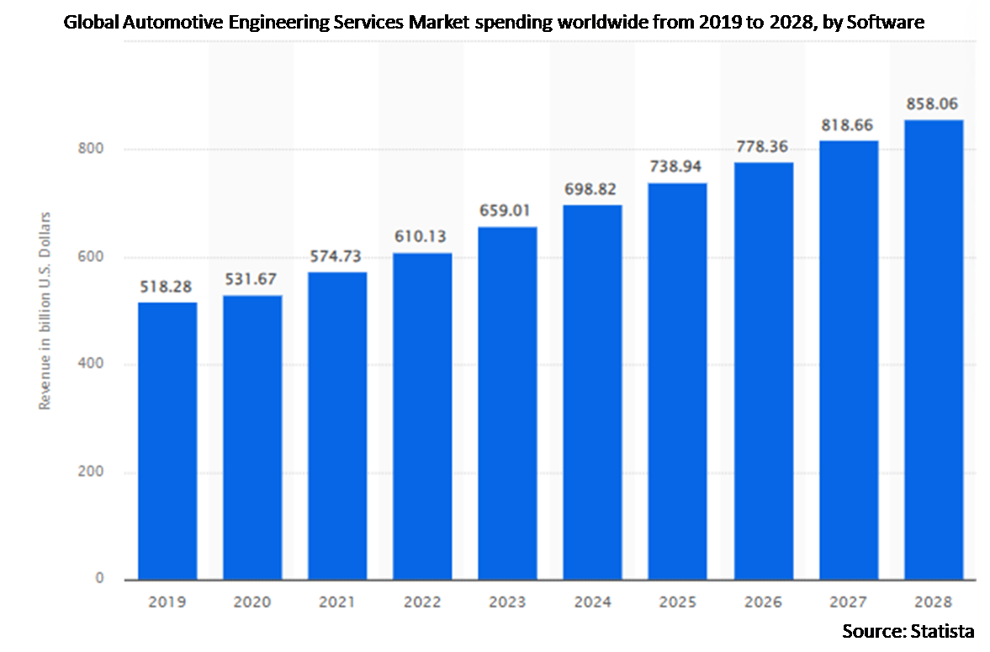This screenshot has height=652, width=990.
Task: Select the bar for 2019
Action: pos(167,440)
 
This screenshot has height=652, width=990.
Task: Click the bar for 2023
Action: pos(507,402)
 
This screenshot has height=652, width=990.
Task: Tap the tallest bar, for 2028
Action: pos(933,349)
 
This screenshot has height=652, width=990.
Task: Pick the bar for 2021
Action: pos(337,425)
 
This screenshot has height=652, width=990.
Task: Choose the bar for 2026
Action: pos(763,371)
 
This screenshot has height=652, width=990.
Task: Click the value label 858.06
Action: pos(933,105)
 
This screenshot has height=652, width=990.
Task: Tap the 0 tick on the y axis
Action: pos(99,579)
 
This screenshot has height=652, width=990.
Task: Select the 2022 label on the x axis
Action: pos(422,602)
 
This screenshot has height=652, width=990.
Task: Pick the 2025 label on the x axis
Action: pos(678,602)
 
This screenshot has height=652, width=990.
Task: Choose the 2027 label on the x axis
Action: pos(848,602)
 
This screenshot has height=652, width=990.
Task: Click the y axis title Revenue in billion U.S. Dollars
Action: pos(45,311)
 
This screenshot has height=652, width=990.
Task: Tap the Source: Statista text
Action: pos(908,631)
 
